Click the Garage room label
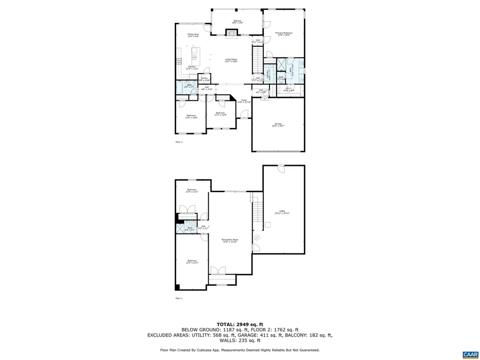point(278,125)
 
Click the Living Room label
point(231,60)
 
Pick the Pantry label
point(204,79)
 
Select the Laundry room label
point(268,73)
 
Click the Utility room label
point(282,212)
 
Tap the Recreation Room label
point(230,240)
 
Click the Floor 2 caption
point(179,142)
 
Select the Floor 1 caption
point(179,298)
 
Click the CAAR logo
point(469,354)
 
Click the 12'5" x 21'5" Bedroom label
point(192,262)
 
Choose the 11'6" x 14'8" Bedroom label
point(191,116)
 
